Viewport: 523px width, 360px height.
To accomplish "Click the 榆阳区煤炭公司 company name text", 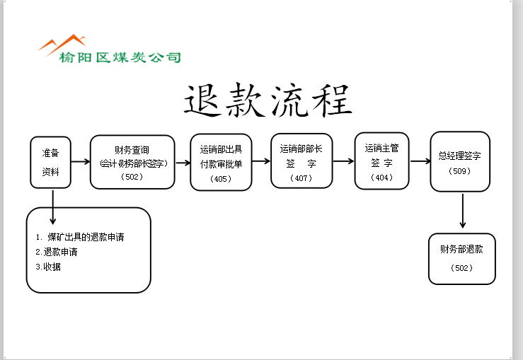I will click(120, 57).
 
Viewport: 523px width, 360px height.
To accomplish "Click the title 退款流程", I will click(268, 100).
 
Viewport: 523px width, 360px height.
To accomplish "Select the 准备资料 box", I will click(51, 162).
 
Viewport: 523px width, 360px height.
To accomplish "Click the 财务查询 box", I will click(132, 162).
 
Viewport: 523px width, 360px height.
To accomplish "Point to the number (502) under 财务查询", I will click(132, 177).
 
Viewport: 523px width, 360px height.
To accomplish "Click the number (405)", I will click(221, 179).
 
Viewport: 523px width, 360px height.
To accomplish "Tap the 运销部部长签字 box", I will click(301, 161).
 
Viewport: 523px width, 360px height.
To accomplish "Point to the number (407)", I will click(301, 178).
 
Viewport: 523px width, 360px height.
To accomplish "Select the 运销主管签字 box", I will click(382, 161).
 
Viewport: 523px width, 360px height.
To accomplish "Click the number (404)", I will click(382, 177).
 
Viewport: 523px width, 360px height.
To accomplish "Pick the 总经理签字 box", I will click(460, 161).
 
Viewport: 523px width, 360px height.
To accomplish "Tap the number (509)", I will click(460, 171).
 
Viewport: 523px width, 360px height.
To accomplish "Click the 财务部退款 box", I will click(462, 258).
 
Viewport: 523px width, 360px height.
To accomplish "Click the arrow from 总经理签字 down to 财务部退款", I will click(463, 211).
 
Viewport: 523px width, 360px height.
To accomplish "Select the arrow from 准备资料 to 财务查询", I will click(80, 163).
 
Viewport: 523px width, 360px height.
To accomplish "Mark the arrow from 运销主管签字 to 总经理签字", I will click(420, 161).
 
